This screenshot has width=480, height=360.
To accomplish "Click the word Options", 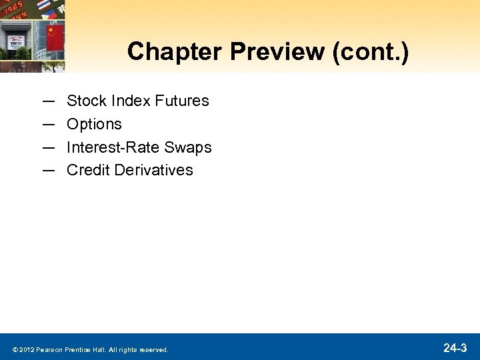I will tap(94, 124).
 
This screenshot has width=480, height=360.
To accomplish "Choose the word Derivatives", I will tap(153, 170).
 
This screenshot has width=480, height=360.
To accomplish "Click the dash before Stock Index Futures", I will tap(48, 101).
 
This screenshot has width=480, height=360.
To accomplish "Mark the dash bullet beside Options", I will tap(48, 124).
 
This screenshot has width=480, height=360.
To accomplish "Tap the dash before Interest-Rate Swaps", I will tap(48, 147).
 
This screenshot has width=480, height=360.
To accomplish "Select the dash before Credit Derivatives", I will tap(48, 170).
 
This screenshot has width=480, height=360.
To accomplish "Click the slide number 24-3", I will tap(455, 347).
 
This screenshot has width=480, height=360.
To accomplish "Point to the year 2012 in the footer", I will tap(27, 349).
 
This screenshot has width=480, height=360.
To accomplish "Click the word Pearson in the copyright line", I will tap(50, 349).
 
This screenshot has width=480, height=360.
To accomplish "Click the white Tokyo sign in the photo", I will tap(15, 41).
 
